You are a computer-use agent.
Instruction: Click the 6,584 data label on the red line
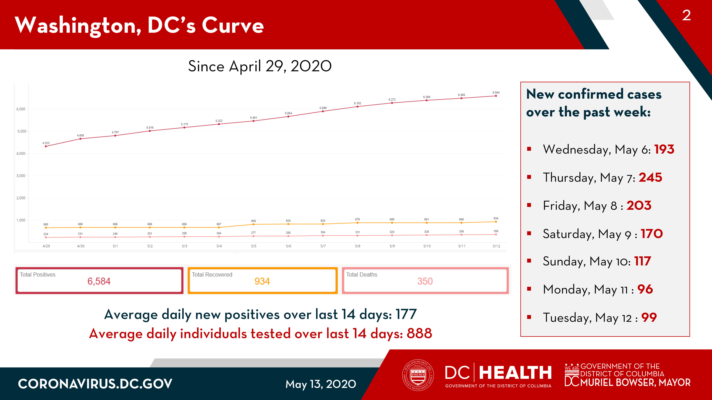[496, 92]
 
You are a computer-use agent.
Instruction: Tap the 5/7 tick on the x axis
[323, 246]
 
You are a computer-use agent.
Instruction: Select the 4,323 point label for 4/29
[46, 143]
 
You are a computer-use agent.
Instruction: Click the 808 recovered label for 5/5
[253, 221]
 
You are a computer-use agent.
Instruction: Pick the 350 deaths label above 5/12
[496, 231]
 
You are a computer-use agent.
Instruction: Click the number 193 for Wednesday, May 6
[664, 149]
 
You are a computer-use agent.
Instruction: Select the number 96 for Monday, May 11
[645, 289]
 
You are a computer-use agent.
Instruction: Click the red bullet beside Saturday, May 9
[529, 233]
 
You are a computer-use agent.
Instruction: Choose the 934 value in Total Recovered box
[262, 281]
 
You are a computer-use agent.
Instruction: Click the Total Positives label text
[38, 274]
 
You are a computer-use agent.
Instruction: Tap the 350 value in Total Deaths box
[425, 281]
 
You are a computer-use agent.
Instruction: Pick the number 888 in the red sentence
[419, 334]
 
